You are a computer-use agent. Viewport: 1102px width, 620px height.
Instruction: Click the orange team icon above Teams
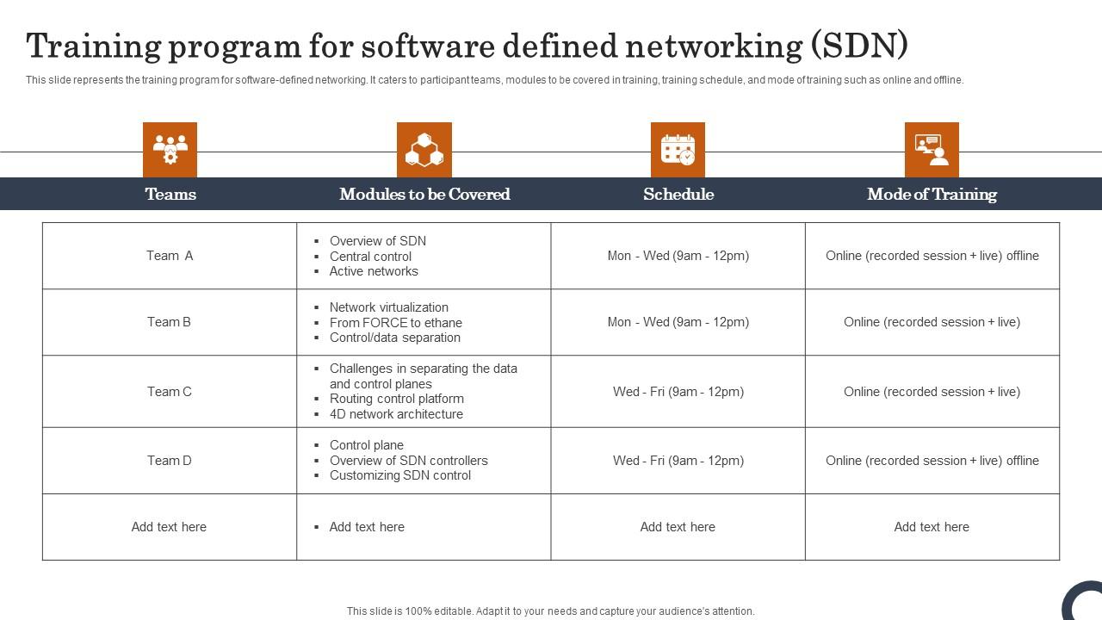[x=170, y=150]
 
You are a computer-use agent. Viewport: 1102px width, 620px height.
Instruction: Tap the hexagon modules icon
[x=424, y=150]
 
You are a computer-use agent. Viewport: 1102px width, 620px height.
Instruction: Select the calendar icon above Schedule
[x=678, y=150]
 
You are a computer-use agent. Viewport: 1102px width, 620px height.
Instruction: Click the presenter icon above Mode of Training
[x=932, y=150]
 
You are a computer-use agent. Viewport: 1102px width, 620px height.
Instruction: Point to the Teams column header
[x=170, y=194]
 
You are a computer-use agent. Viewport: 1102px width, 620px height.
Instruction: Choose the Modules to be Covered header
[x=424, y=194]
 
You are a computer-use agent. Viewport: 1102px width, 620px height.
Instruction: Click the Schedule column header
[x=678, y=194]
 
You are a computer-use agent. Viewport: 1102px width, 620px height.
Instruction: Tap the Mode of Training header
[x=932, y=194]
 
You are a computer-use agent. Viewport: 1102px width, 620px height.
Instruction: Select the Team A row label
[x=170, y=256]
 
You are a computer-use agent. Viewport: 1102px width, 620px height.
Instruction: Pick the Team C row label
[x=170, y=392]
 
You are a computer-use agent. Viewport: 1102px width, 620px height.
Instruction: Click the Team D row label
[x=170, y=461]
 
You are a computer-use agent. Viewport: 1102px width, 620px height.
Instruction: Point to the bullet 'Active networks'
[x=374, y=271]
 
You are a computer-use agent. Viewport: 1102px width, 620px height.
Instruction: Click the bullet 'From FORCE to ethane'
[x=396, y=323]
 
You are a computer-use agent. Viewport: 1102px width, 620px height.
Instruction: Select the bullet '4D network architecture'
[x=396, y=414]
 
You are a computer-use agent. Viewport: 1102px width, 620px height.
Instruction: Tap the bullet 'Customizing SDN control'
[x=400, y=475]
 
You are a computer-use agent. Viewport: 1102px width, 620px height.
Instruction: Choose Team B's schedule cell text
[x=678, y=322]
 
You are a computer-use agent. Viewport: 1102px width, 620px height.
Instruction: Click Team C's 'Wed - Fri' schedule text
[x=678, y=392]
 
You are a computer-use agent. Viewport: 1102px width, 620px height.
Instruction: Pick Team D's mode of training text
[x=932, y=461]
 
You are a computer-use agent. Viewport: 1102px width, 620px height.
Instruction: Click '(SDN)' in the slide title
[x=859, y=46]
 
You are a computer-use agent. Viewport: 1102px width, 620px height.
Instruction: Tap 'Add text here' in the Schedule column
[x=678, y=527]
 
